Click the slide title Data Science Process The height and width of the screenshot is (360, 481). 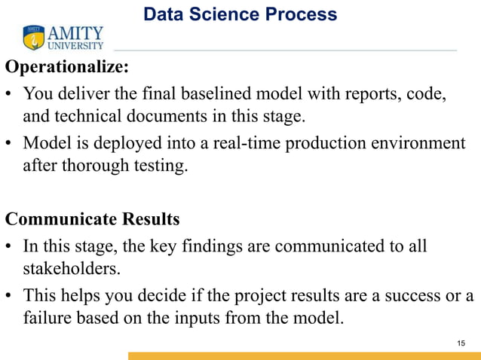(x=240, y=14)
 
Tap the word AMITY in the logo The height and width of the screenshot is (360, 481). (x=76, y=33)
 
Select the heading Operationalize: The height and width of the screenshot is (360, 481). (x=67, y=67)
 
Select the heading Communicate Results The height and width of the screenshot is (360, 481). (x=93, y=219)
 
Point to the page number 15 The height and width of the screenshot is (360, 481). (x=461, y=343)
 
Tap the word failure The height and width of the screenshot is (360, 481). (x=47, y=317)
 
